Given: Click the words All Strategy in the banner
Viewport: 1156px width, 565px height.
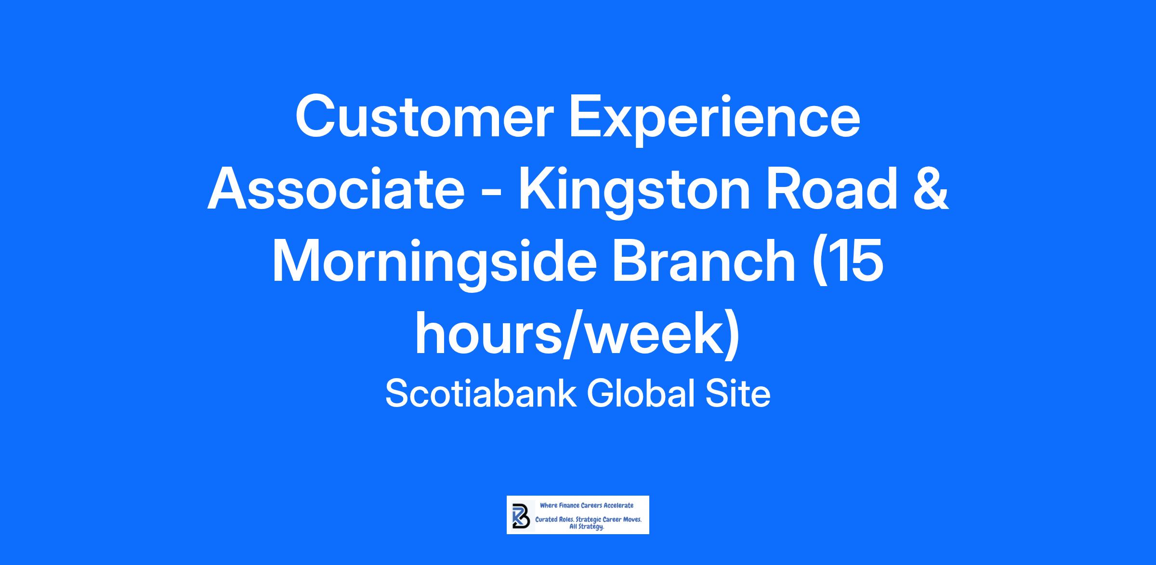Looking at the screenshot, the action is (587, 527).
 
